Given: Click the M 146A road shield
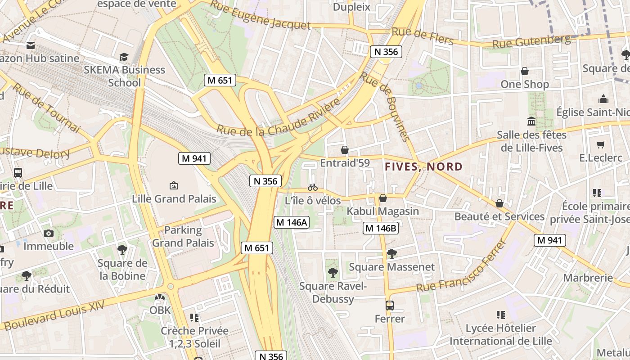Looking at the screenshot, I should (292, 222).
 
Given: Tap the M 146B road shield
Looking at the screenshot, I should (381, 228).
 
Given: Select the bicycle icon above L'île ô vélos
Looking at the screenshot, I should (313, 187).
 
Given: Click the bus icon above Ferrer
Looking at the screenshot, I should (390, 306).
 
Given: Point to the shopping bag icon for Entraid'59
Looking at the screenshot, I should (345, 150).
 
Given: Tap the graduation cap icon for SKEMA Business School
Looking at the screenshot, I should (124, 57).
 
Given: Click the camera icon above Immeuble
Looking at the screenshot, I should (49, 233).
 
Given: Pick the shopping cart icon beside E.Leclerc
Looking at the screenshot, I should (600, 144).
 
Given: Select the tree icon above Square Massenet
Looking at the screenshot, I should (391, 253).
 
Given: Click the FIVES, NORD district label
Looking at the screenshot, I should (423, 167).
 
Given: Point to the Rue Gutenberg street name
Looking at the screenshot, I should (531, 41).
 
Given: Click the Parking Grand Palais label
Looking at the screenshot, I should (183, 237).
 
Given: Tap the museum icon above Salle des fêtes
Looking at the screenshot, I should (531, 121).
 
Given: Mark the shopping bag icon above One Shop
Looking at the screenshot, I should (524, 71).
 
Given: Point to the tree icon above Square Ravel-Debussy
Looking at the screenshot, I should (333, 272).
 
